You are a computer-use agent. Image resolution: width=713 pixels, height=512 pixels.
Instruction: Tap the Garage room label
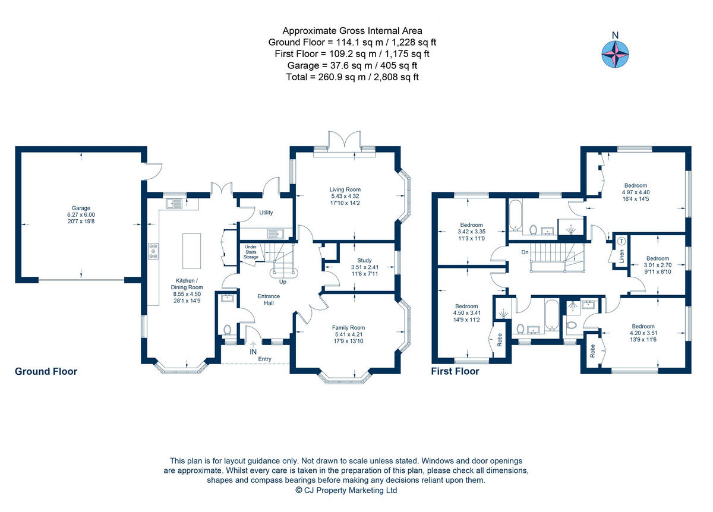81,208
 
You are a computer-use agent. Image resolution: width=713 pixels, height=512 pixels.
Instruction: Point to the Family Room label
348,327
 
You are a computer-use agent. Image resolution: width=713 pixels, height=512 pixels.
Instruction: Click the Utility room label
266,212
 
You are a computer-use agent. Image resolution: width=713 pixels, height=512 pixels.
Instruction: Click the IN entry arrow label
253,352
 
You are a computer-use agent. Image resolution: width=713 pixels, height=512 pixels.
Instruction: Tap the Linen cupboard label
621,256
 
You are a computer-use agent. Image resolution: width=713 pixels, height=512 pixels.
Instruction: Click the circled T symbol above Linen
621,241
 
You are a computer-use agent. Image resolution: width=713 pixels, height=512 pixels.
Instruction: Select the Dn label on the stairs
525,252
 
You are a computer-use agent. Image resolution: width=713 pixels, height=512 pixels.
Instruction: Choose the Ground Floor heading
46,372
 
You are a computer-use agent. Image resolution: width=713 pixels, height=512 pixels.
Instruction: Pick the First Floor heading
455,372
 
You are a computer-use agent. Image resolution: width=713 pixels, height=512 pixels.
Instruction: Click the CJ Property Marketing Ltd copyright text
346,491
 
